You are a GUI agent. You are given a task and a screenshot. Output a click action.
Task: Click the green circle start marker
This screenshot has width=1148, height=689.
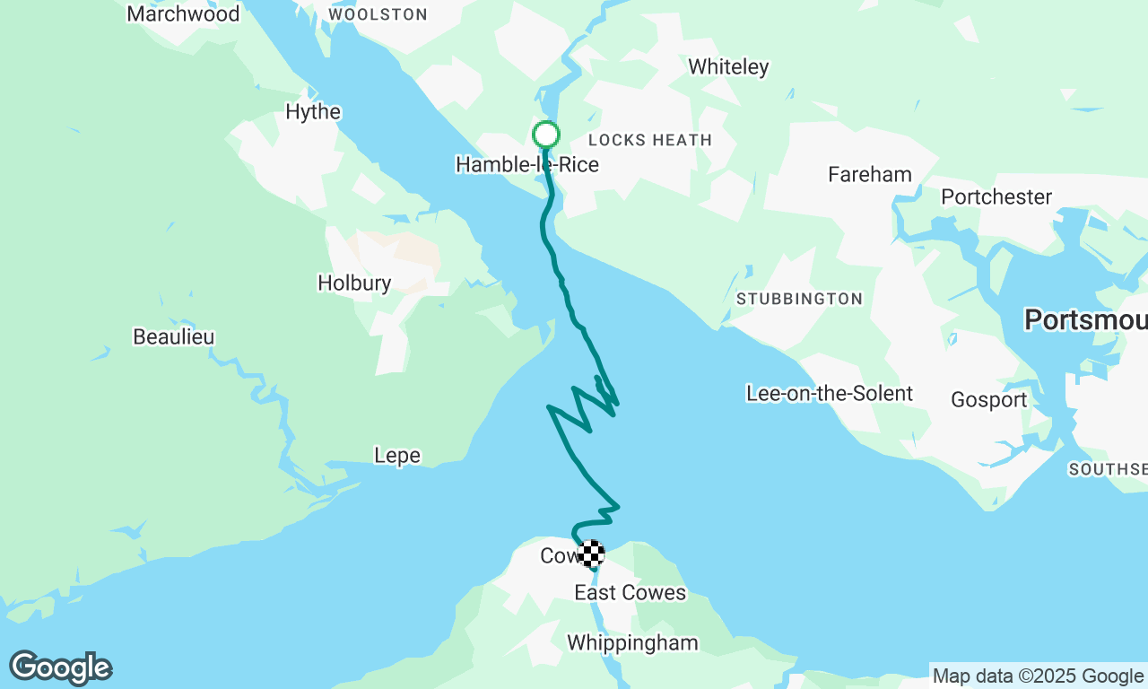(x=546, y=135)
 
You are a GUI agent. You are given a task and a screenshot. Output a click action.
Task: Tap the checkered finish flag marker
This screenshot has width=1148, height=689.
(x=590, y=554)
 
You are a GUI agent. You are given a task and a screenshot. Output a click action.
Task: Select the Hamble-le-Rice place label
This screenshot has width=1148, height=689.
(x=526, y=165)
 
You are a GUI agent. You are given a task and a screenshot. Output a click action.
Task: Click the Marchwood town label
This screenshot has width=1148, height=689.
(x=184, y=14)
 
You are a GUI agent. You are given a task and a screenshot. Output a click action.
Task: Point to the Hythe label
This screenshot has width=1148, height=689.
(x=313, y=112)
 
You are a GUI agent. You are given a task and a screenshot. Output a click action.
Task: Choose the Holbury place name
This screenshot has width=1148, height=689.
(x=354, y=283)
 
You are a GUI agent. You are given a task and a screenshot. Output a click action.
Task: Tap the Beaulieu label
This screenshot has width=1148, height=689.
(x=174, y=337)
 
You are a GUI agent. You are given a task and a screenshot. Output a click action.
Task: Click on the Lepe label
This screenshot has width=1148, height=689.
(x=396, y=456)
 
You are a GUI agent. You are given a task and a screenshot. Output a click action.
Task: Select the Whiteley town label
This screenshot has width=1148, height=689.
(x=728, y=67)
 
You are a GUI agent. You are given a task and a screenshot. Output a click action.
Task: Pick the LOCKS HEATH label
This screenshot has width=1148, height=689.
(x=650, y=140)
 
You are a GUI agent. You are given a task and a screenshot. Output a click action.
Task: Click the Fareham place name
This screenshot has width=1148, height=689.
(x=870, y=175)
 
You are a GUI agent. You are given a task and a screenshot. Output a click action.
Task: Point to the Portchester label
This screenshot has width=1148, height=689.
(x=996, y=197)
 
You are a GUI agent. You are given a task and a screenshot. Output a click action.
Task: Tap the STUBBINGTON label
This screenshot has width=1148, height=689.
(x=799, y=300)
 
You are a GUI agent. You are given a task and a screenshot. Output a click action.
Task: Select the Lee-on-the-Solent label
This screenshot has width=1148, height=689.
(x=830, y=394)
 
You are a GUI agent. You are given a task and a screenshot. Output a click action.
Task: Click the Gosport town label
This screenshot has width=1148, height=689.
(x=989, y=400)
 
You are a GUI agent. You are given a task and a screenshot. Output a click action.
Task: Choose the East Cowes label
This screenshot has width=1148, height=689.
(x=630, y=593)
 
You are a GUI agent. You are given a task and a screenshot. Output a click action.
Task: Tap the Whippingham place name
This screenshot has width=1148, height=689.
(x=632, y=643)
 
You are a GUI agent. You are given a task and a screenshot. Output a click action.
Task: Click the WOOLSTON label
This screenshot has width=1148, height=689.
(x=378, y=14)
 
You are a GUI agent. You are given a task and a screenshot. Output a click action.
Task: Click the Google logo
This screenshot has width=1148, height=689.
(x=61, y=668)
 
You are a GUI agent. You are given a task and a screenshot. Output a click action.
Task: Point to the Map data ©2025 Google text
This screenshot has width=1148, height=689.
(x=1038, y=676)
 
